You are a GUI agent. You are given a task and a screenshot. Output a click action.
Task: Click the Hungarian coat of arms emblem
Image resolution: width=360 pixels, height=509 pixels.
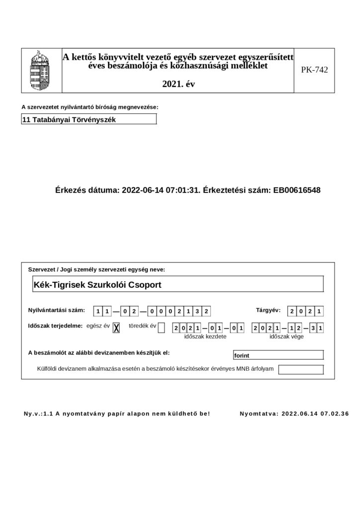pyautogui.click(x=41, y=70)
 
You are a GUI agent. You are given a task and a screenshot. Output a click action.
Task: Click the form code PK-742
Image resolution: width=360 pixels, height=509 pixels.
pyautogui.click(x=314, y=70)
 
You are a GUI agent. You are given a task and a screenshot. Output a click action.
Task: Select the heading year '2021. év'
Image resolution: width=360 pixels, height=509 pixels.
pyautogui.click(x=179, y=85)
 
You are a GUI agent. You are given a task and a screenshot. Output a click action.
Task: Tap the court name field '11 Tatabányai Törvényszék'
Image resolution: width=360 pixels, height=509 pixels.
pyautogui.click(x=89, y=119)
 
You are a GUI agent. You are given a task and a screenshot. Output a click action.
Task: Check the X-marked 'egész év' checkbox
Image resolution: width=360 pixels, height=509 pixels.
pyautogui.click(x=116, y=327)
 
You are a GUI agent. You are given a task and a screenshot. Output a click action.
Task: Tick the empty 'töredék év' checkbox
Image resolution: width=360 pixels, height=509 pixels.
pyautogui.click(x=161, y=327)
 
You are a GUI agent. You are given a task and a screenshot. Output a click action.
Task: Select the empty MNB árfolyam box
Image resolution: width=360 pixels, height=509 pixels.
pyautogui.click(x=301, y=369)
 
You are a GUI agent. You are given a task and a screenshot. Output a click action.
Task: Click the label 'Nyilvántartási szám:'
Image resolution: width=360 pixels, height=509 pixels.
pyautogui.click(x=57, y=310)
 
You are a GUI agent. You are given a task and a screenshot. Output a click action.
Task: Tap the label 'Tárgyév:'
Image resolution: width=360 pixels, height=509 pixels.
pyautogui.click(x=268, y=310)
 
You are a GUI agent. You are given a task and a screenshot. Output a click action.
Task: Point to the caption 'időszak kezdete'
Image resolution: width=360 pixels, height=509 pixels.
pyautogui.click(x=205, y=337)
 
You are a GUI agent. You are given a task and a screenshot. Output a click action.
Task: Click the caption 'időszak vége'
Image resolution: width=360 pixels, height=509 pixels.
pyautogui.click(x=286, y=337)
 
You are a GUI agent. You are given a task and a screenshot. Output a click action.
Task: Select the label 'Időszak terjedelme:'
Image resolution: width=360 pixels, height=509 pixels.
pyautogui.click(x=55, y=326)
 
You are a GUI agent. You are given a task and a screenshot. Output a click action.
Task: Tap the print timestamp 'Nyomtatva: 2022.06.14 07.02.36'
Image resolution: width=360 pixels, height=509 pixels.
pyautogui.click(x=294, y=413)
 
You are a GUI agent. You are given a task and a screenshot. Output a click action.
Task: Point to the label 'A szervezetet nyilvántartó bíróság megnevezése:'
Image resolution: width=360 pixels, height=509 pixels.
pyautogui.click(x=90, y=107)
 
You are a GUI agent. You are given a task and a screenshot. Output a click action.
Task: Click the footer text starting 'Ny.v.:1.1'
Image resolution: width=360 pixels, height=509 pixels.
pyautogui.click(x=117, y=413)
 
